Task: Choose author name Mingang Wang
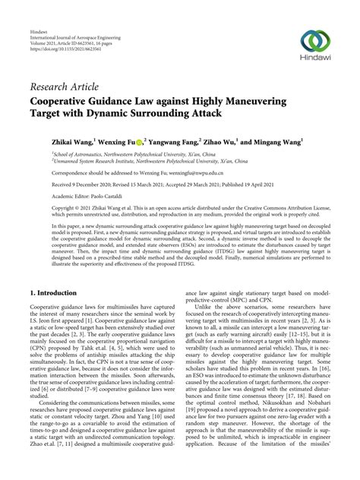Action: point(285,141)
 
